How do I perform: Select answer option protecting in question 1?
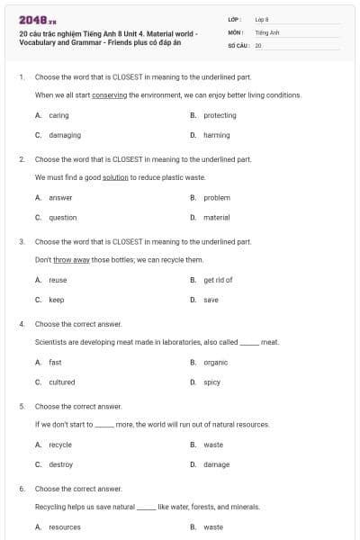[x=220, y=115]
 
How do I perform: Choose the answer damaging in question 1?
[x=65, y=135]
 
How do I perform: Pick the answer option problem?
[x=217, y=197]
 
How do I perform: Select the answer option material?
[x=217, y=217]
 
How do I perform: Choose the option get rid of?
[x=218, y=280]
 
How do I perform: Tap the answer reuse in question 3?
[x=58, y=280]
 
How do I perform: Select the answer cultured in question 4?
[x=62, y=382]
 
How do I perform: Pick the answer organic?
[x=216, y=362]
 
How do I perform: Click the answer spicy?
[x=212, y=382]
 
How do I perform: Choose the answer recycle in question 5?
[x=60, y=445]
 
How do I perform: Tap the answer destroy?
[x=61, y=464]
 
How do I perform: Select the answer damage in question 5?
[x=217, y=464]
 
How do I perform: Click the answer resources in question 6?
[x=65, y=526]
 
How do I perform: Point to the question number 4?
[x=22, y=323]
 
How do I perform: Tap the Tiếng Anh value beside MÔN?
[x=267, y=31]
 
